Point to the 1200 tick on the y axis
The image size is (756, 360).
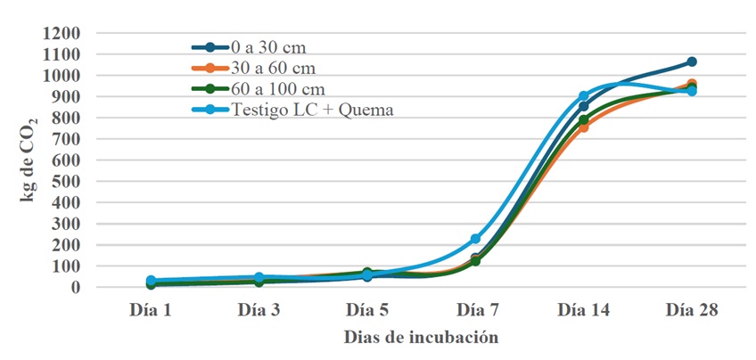point(63,33)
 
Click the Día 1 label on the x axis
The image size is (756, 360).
point(151,311)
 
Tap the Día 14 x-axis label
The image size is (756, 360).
point(583,311)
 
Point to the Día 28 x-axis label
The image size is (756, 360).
point(691,311)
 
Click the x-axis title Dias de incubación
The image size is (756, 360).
point(420,339)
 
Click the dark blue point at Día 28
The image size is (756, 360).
point(691,62)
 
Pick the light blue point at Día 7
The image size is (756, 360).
point(475,239)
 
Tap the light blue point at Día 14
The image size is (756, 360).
point(583,96)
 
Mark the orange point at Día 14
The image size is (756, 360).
point(583,127)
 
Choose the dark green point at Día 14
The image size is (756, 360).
point(583,119)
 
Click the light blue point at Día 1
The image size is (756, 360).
point(151,281)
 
